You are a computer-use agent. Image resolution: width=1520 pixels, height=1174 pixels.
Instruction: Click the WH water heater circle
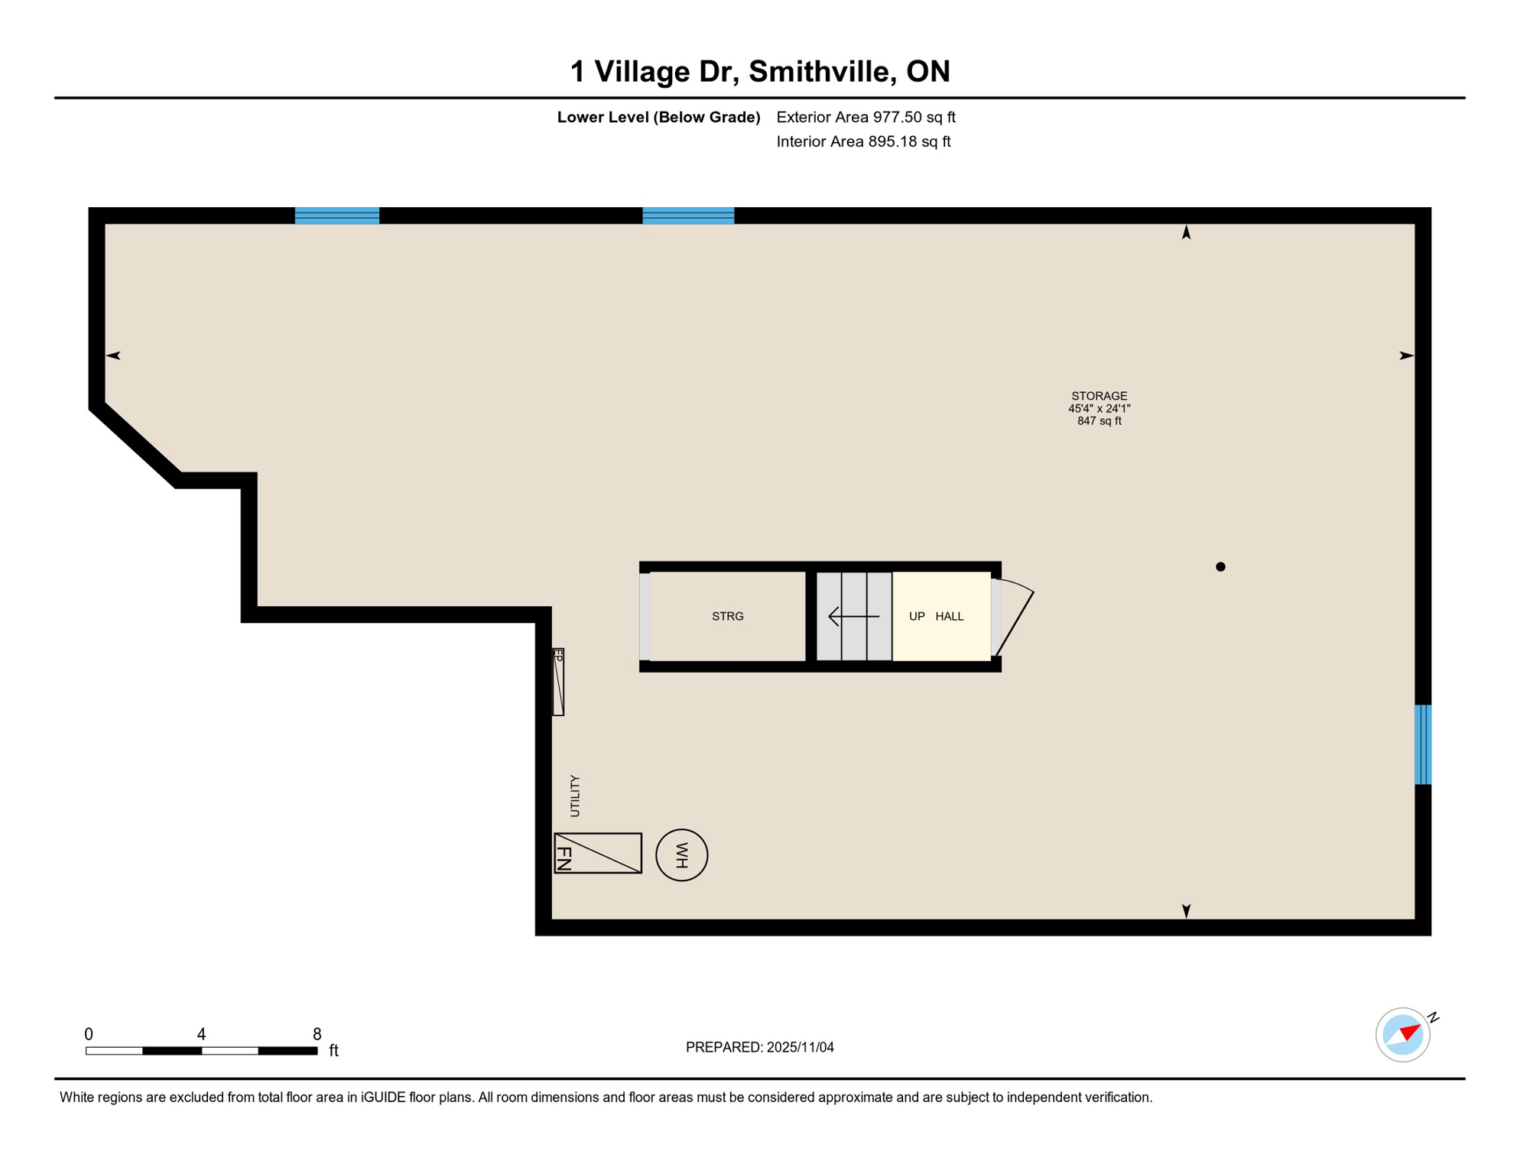[x=681, y=855]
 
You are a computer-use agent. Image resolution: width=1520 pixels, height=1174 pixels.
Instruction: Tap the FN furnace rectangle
[x=597, y=853]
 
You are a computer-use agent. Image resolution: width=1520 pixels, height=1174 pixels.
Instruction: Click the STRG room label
[x=727, y=616]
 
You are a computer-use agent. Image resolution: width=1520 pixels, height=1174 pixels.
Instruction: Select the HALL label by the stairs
[x=949, y=616]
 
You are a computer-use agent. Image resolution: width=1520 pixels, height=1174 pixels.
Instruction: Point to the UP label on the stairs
[x=916, y=616]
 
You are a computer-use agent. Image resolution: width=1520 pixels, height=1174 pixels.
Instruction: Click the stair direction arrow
[x=853, y=616]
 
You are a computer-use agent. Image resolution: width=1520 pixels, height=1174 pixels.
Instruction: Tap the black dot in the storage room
[x=1220, y=566]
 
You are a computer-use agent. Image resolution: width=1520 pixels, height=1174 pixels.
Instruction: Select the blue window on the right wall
[x=1422, y=744]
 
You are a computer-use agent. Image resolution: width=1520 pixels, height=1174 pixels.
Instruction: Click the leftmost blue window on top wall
[x=337, y=216]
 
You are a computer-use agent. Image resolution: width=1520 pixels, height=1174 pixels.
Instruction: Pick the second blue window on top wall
[x=688, y=216]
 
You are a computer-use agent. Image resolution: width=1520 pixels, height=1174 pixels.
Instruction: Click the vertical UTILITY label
[x=575, y=795]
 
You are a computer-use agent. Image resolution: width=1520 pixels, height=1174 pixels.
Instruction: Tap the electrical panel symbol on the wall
[x=558, y=682]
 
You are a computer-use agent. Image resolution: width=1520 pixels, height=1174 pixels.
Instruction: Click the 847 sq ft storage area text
[x=1099, y=421]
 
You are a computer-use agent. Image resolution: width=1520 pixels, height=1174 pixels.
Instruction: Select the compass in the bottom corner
[x=1402, y=1035]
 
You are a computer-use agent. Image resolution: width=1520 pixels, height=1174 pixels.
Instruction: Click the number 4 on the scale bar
[x=201, y=1034]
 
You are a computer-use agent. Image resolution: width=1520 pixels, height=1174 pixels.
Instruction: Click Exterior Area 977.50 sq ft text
[x=866, y=117]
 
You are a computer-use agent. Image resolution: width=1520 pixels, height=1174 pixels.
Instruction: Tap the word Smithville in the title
[x=822, y=71]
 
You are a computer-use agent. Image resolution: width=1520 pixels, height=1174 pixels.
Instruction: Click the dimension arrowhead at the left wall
[x=113, y=355]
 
